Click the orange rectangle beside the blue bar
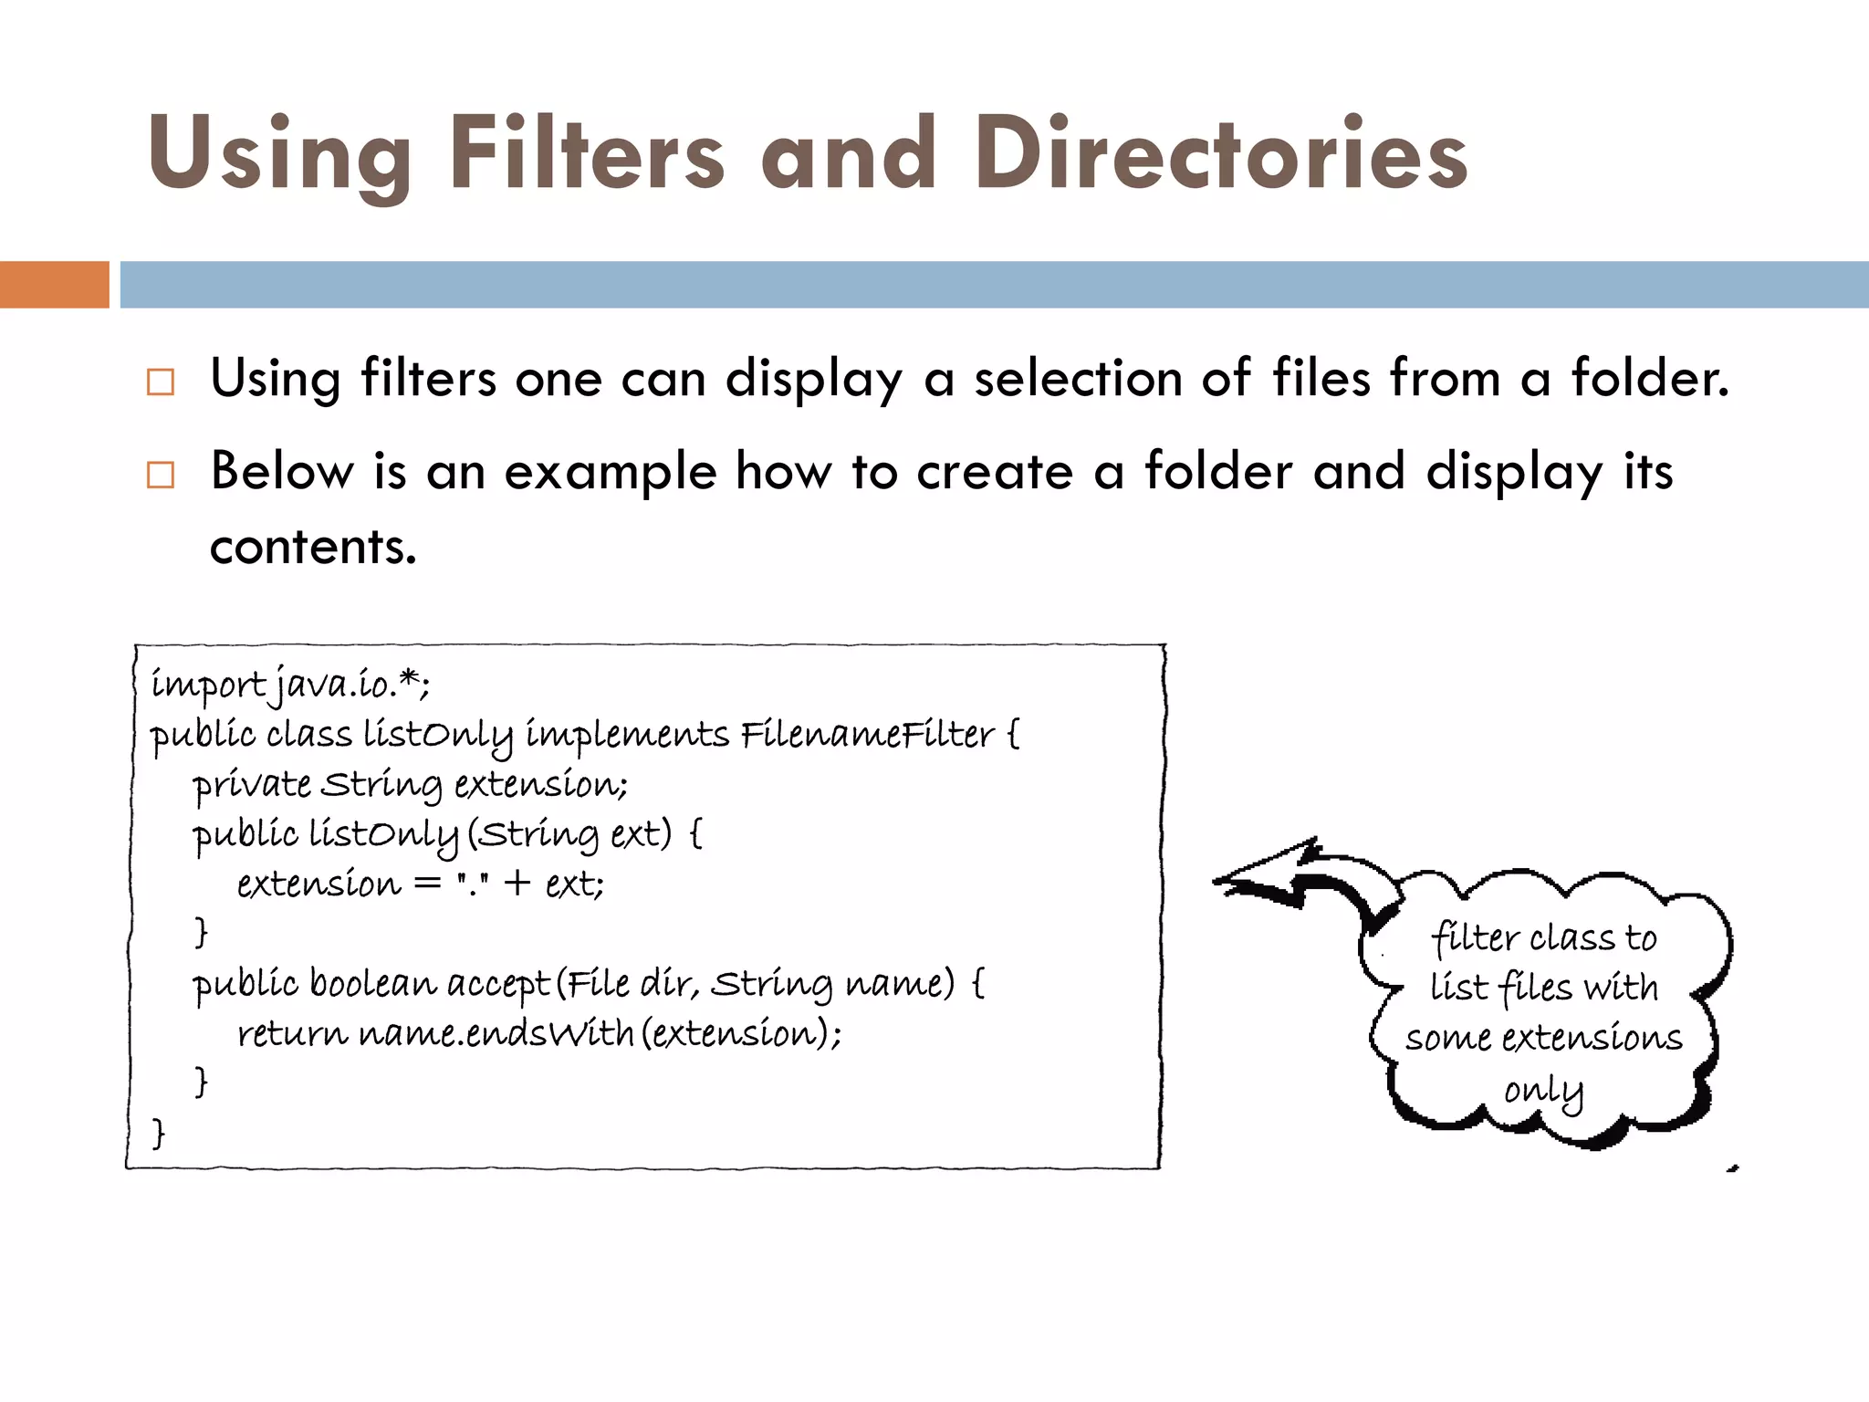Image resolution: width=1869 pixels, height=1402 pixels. [x=54, y=285]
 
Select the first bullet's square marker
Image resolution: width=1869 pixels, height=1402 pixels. [x=161, y=382]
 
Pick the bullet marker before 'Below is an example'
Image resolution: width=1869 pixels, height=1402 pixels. [x=161, y=475]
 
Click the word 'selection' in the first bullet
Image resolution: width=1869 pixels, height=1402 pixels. [x=1078, y=378]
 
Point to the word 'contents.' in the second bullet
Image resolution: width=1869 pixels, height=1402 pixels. [x=313, y=547]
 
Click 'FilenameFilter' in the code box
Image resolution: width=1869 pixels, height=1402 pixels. [x=867, y=735]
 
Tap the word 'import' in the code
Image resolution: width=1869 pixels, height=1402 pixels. [x=208, y=685]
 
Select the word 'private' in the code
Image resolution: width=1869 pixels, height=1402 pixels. [x=252, y=785]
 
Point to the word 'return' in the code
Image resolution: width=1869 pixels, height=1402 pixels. [x=292, y=1034]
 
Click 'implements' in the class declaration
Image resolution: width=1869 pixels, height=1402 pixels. [x=627, y=736]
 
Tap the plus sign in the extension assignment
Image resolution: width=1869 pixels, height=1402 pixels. [x=517, y=883]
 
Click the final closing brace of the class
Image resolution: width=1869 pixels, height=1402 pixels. [x=159, y=1133]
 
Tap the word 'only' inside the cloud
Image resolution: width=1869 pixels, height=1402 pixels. [x=1542, y=1091]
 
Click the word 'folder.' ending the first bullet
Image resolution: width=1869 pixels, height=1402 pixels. [x=1649, y=378]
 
